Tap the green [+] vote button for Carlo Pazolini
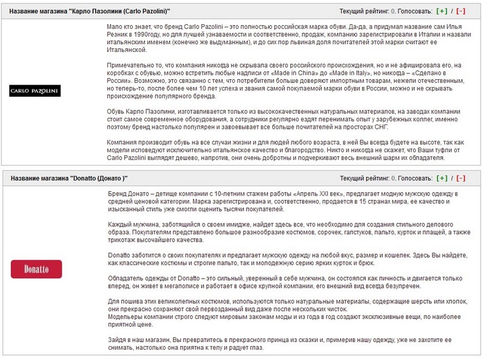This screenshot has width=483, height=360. pyautogui.click(x=443, y=11)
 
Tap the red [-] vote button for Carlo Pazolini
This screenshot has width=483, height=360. pyautogui.click(x=461, y=11)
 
